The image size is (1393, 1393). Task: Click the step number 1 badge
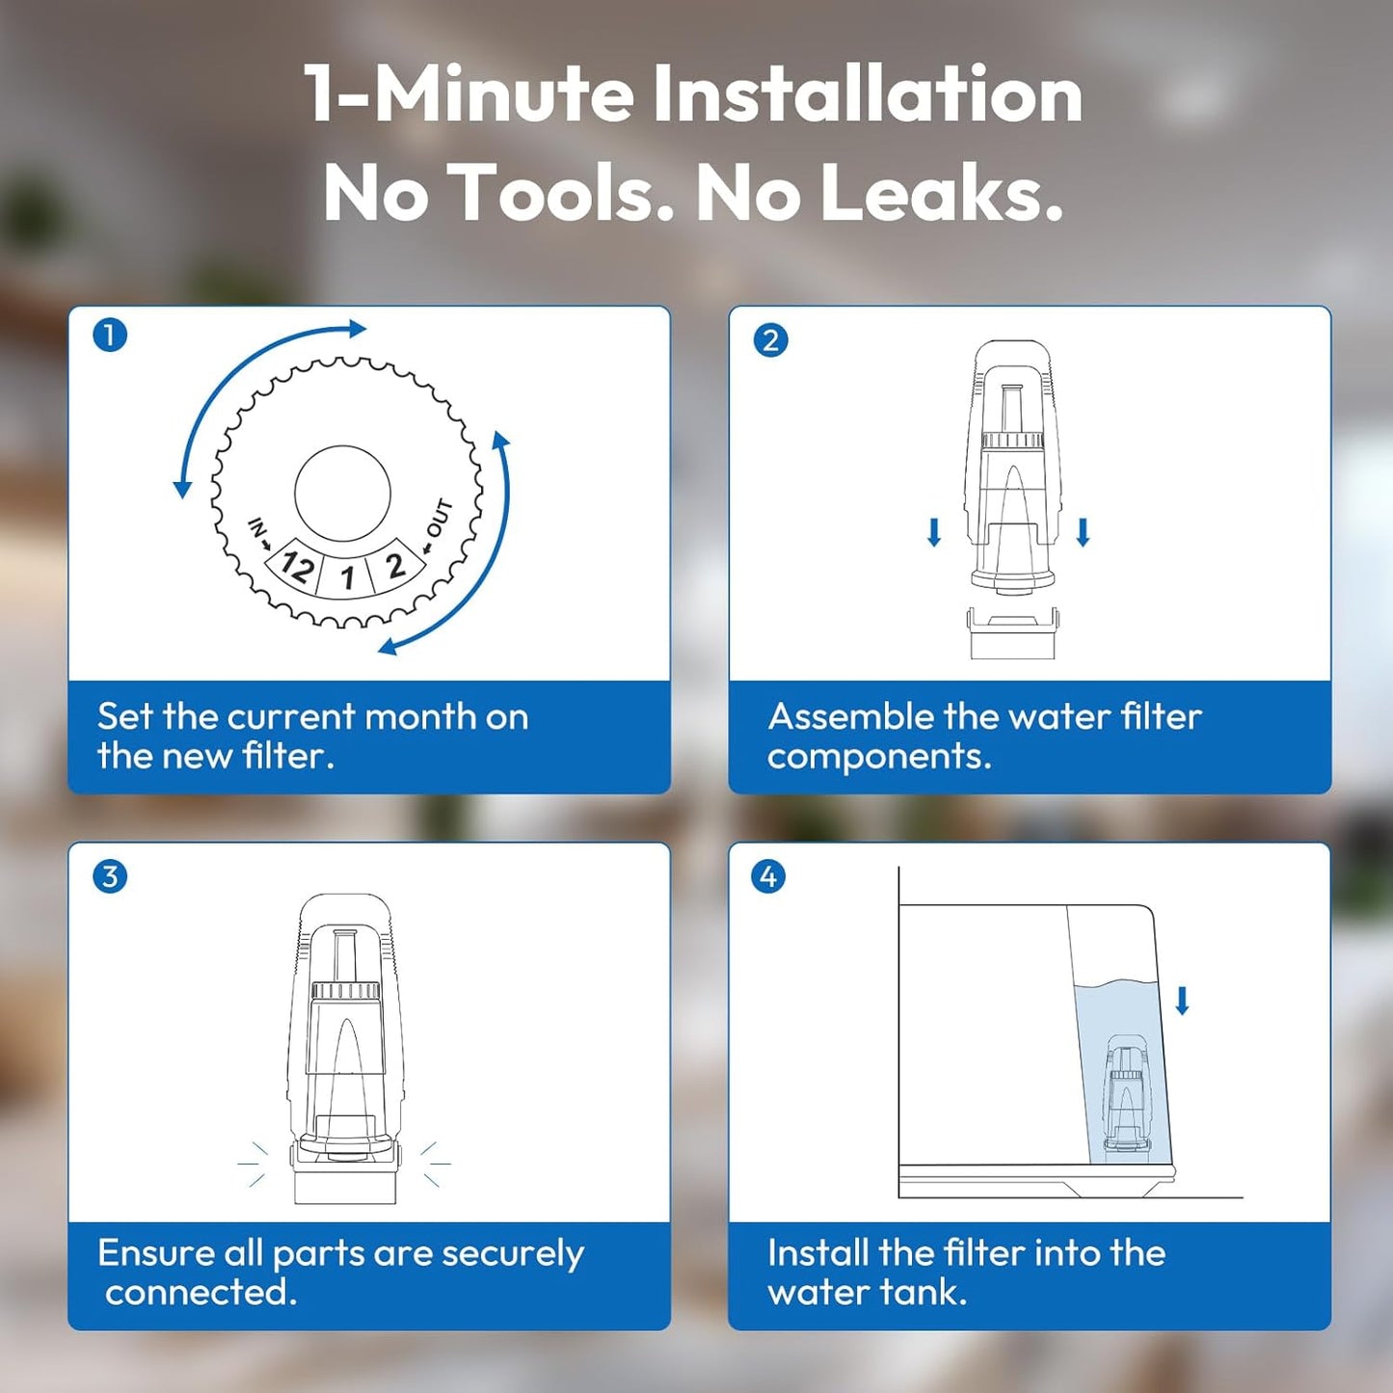110,335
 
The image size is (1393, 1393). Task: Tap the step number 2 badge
770,339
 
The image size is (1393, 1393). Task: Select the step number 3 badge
110,876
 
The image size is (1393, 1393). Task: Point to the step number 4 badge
768,876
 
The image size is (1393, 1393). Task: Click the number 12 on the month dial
297,566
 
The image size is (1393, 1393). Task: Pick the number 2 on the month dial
394,565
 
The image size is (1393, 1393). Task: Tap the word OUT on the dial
441,519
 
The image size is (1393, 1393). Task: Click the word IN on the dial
255,526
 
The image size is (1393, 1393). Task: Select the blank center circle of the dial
342,493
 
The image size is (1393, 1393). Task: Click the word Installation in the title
868,94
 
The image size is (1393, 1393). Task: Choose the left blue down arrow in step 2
934,532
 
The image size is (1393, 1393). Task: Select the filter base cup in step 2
1013,632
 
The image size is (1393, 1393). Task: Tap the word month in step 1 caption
419,717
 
